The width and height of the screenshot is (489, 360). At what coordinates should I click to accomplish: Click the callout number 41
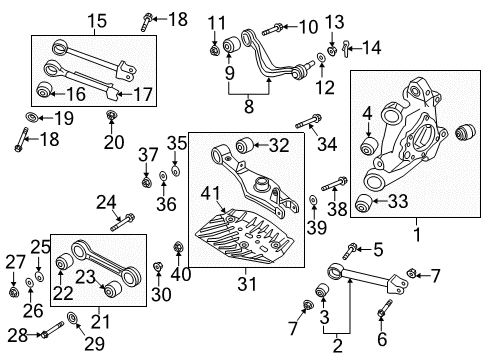210,193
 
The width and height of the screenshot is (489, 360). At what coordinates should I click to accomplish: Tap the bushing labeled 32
244,145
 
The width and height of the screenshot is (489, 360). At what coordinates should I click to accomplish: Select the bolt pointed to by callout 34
308,121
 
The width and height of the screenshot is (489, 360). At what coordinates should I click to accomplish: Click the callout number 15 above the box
97,21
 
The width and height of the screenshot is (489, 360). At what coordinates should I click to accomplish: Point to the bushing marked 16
44,89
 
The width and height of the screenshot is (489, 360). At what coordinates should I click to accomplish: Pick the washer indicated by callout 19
32,117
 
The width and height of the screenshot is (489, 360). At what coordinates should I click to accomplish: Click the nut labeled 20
110,115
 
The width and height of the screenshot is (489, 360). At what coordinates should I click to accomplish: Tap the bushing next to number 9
231,44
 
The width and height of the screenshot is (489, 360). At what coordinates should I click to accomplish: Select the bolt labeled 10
273,29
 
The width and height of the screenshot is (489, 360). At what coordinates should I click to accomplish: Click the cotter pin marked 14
346,48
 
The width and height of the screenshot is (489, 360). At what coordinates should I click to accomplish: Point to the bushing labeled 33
363,203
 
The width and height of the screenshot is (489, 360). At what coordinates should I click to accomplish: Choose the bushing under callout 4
369,145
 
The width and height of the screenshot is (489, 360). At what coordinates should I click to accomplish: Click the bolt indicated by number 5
350,251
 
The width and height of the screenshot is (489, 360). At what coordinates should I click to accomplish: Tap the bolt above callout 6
385,309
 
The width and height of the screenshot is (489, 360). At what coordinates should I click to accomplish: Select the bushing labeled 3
322,290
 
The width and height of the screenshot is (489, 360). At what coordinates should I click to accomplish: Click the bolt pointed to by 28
52,329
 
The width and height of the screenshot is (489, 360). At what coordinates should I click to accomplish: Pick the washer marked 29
72,318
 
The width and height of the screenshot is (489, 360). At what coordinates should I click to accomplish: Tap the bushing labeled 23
113,289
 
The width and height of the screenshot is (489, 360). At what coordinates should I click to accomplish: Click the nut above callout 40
178,247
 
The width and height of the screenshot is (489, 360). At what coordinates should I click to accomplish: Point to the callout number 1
417,235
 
